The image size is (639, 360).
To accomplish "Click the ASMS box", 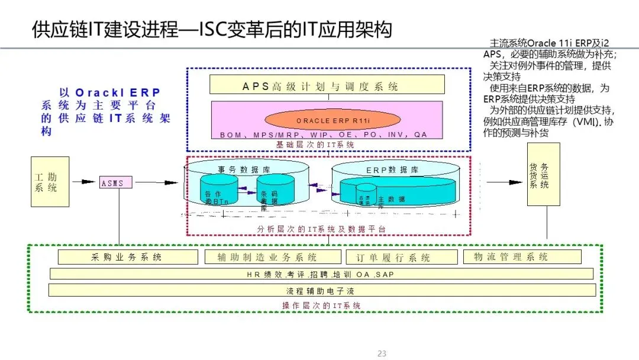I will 113,183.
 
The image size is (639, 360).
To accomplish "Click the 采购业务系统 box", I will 128,257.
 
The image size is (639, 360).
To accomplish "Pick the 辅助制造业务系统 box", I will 273,257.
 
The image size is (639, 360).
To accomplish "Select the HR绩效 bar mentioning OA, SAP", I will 321,274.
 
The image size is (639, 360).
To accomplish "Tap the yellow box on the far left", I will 50,181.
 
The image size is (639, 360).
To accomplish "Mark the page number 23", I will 382,353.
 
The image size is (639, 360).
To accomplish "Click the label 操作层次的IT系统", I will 321,306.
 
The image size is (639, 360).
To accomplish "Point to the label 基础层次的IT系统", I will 315,144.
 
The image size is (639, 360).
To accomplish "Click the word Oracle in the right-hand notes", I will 541,43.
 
